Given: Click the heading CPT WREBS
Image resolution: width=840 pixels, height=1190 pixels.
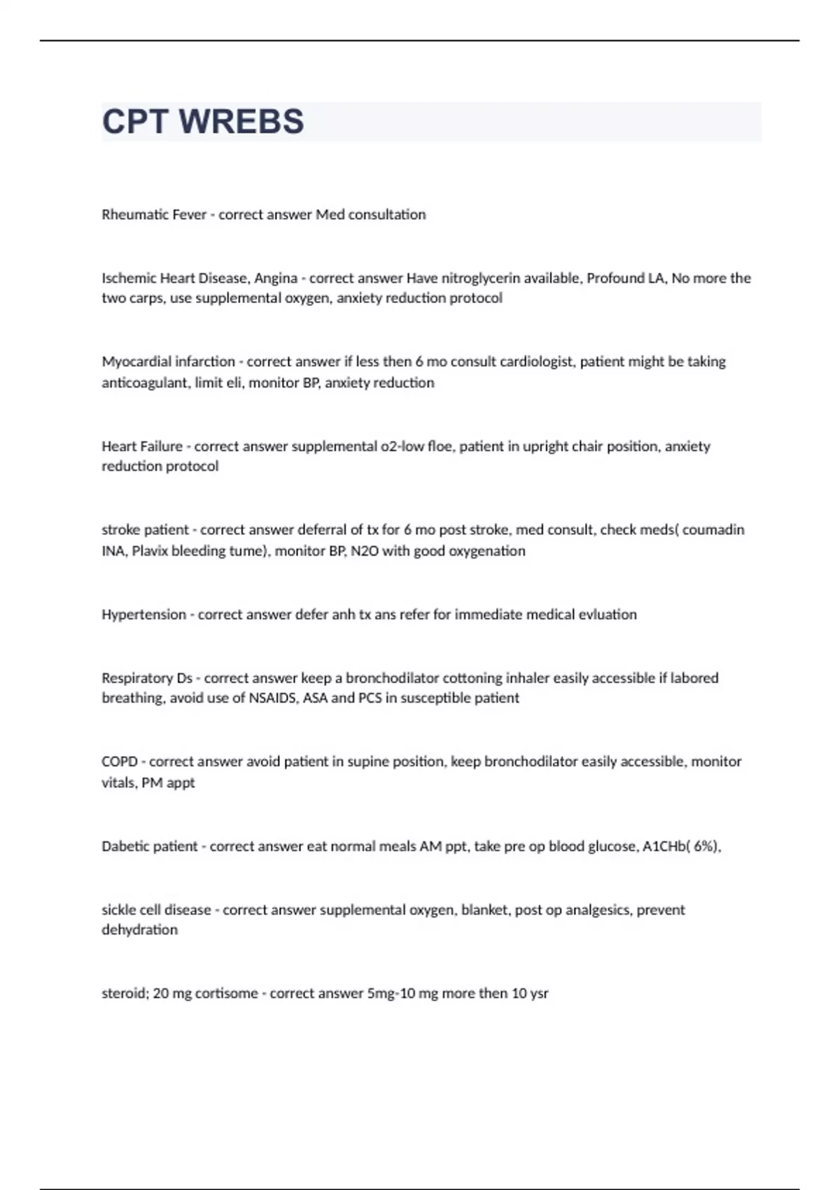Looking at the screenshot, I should (203, 122).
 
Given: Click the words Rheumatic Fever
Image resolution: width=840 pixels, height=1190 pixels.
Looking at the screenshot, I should (154, 215).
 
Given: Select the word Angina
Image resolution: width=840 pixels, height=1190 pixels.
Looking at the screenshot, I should (276, 278).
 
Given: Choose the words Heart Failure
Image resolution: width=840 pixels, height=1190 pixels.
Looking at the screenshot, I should (142, 447).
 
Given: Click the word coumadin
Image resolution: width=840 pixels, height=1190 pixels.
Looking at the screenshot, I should (713, 530).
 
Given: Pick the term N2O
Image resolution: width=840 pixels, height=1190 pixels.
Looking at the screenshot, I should (364, 551).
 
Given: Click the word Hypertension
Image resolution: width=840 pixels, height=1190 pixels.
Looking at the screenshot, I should (143, 615).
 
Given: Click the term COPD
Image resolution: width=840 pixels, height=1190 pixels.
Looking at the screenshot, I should (119, 762).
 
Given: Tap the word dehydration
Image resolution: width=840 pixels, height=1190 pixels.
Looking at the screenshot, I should (139, 930).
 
